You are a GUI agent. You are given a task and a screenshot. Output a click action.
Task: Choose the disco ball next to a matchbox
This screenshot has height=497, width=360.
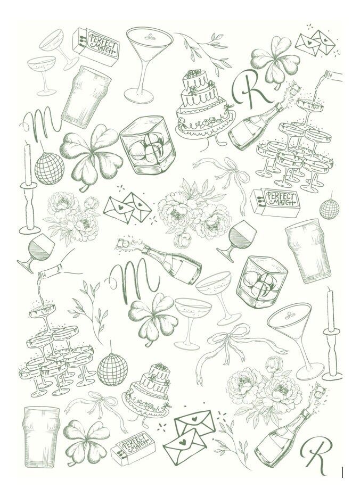point(327,209)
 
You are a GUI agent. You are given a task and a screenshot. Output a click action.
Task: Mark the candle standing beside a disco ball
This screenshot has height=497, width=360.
point(27,186)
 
